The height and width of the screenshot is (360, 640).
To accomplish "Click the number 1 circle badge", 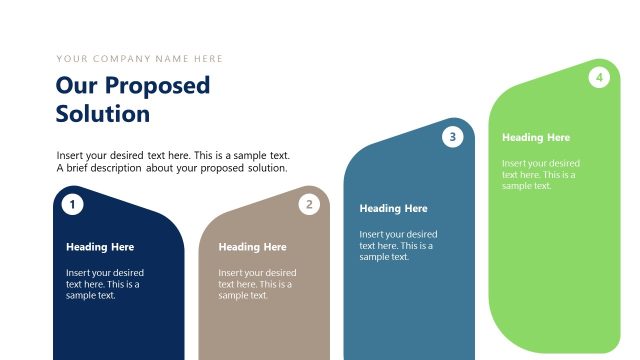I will pos(72,205).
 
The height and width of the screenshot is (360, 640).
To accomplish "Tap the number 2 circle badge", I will pos(310,205).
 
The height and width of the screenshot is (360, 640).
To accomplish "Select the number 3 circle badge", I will pos(453,138).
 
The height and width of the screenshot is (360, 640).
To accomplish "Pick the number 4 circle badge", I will pos(599,77).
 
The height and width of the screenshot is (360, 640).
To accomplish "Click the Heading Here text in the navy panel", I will pos(100,247).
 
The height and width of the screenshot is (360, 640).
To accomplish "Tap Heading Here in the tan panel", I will pos(252,247).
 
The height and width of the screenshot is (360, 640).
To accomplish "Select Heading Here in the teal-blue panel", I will pos(393,209).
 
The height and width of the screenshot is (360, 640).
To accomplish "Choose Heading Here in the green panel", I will pos(536,138).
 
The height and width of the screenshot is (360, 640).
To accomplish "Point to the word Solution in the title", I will pos(103,114).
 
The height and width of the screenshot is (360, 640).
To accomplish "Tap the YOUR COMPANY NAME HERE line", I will pos(140,59).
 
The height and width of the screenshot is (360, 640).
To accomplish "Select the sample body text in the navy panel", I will pos(105,284).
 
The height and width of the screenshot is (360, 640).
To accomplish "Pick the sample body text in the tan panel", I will pos(257,284).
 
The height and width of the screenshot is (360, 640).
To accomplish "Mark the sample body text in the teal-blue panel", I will pos(398,245).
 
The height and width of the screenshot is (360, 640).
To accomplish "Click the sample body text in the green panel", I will pos(541,174).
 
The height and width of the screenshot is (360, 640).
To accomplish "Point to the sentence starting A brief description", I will pos(172,168).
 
